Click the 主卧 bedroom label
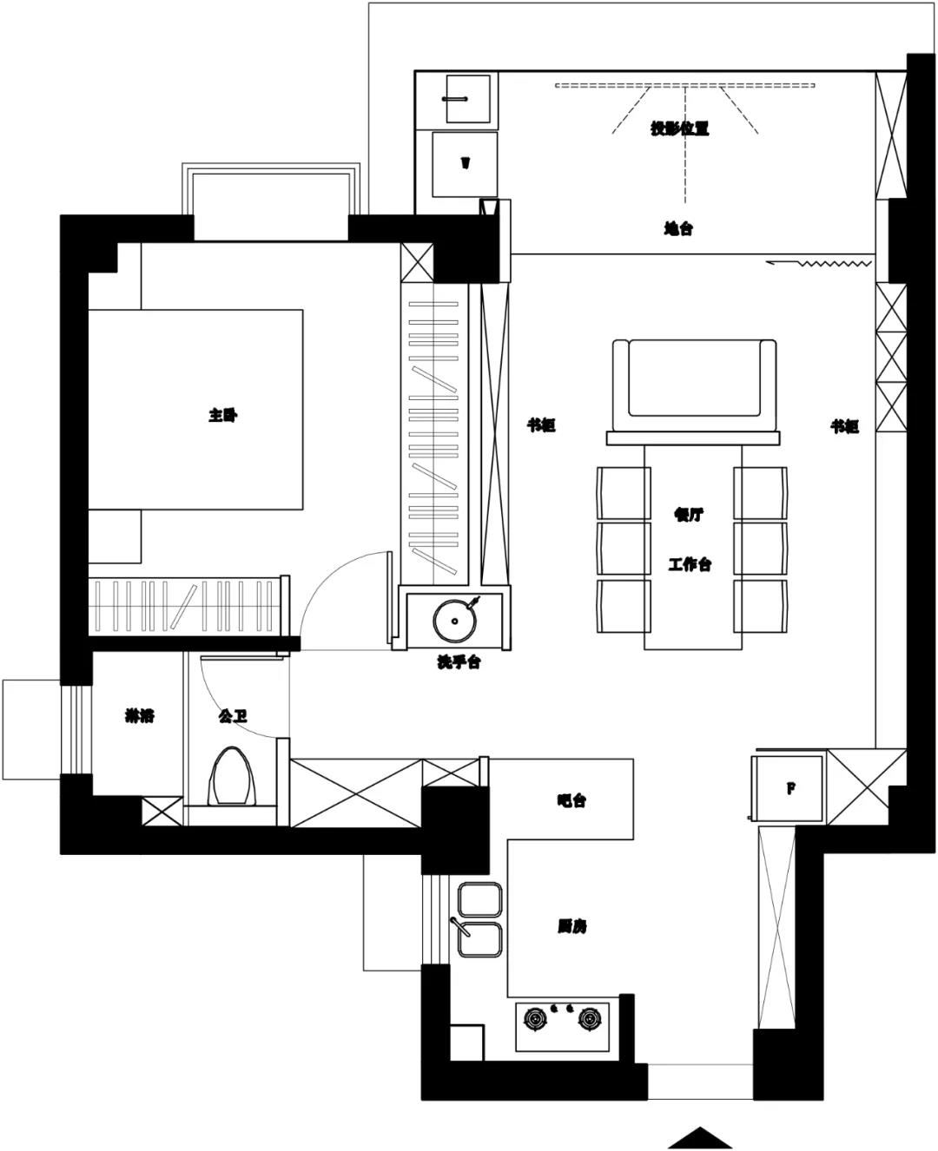point(222,416)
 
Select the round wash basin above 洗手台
point(452,620)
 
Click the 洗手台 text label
point(459,662)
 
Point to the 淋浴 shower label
point(140,716)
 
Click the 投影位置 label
point(680,128)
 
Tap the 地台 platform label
point(678,229)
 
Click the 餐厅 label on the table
point(688,514)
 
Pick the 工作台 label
point(690,564)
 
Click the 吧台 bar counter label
point(571,800)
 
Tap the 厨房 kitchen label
point(571,926)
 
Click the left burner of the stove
point(534,1017)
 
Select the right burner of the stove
point(590,1017)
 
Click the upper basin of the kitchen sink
point(479,899)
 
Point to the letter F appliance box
point(790,788)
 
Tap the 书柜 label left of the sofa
point(541,425)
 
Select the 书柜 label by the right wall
point(844,426)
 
